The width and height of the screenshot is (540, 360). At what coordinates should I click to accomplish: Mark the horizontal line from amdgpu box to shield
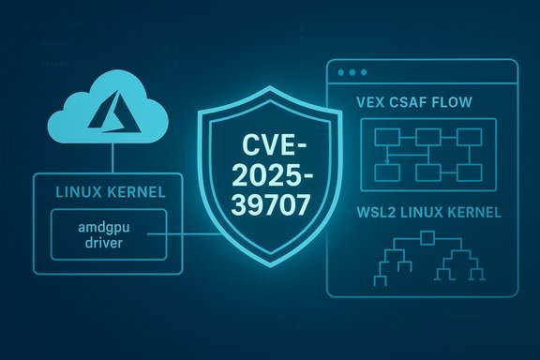[187, 236]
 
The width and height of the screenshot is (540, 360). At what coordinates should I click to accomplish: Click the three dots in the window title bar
[351, 72]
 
